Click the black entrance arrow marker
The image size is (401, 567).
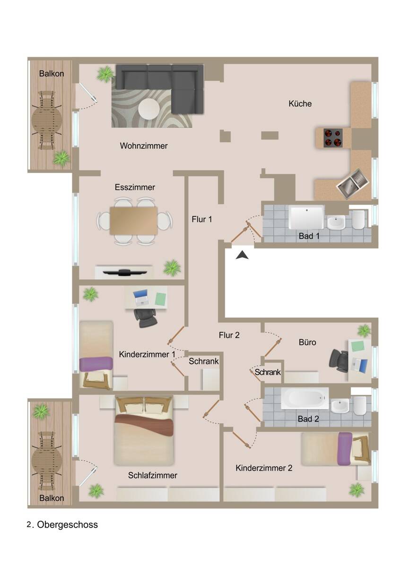242,256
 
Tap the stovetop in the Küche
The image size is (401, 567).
333,137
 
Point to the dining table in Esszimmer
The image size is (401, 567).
134,220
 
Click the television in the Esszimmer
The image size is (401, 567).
124,272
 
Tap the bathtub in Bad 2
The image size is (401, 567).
305,398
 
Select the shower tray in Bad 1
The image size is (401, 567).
306,217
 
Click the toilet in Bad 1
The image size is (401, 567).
358,219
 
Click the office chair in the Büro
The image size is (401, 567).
339,359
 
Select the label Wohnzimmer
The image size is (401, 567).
144,146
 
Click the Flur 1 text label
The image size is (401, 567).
202,219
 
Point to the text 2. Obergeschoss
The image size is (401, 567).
62,524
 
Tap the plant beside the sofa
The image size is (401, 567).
105,74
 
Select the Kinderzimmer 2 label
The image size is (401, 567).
264,468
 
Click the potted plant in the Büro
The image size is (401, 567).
364,330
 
